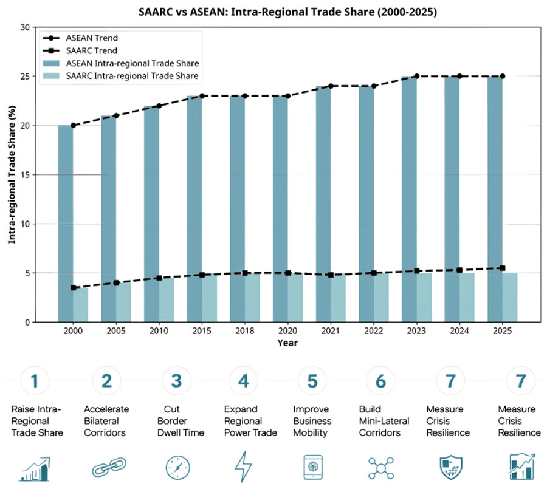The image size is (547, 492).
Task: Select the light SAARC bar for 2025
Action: click(509, 298)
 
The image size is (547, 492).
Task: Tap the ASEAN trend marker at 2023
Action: click(416, 77)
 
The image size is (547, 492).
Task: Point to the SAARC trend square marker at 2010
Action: click(159, 278)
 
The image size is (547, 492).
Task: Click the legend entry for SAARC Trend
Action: click(101, 51)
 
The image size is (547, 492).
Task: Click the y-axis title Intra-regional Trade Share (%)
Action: click(12, 175)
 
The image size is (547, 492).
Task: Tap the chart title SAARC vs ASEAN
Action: click(286, 12)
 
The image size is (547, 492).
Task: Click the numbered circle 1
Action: click(36, 381)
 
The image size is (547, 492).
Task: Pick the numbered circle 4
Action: click(244, 381)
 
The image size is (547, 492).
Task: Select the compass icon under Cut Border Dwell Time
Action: click(177, 468)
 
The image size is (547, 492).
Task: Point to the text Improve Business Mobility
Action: click(312, 421)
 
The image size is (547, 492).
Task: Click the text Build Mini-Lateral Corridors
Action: click(384, 421)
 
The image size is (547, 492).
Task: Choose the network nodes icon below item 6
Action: click(381, 468)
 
